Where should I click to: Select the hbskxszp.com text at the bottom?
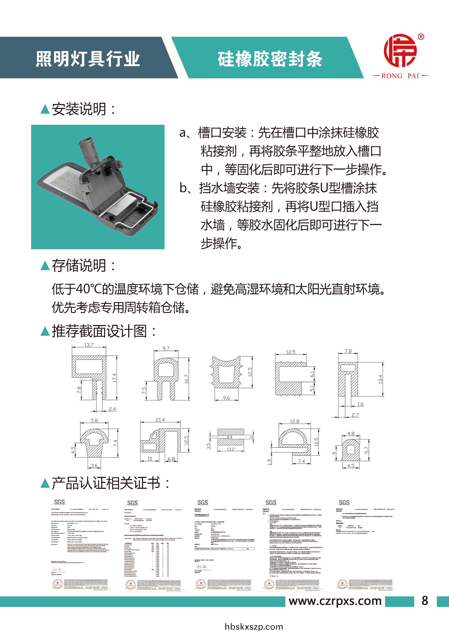(254, 627)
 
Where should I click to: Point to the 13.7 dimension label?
(89, 345)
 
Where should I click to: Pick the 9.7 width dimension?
(166, 348)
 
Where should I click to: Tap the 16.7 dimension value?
(186, 379)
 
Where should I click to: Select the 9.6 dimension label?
(226, 398)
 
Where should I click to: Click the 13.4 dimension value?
(380, 379)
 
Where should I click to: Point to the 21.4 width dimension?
(160, 420)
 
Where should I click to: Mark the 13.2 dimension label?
(230, 449)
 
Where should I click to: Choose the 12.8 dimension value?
(294, 421)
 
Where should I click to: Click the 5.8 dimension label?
(94, 420)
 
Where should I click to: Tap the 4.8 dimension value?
(351, 433)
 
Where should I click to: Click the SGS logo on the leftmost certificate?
(59, 502)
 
